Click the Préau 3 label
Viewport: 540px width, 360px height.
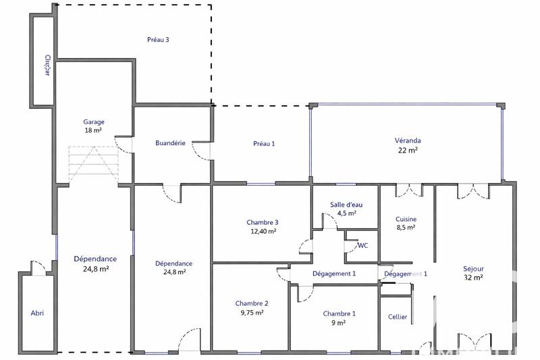click(158, 40)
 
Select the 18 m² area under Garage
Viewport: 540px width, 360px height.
click(93, 130)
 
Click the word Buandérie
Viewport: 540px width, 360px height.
click(171, 143)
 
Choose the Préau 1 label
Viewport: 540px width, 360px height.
click(264, 143)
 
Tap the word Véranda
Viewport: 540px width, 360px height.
click(408, 140)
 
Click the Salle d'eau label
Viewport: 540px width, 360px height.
click(346, 204)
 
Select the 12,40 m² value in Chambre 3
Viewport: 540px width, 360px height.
click(263, 231)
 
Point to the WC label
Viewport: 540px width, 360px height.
click(362, 245)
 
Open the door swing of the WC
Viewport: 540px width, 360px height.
click(350, 247)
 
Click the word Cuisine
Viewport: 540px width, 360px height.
click(406, 219)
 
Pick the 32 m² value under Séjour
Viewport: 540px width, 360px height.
click(473, 277)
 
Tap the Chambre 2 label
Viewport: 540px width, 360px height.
click(252, 303)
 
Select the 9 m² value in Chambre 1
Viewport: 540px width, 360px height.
click(339, 323)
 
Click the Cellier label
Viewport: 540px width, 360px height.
click(398, 317)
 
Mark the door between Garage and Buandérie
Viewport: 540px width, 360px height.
click(122, 144)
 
